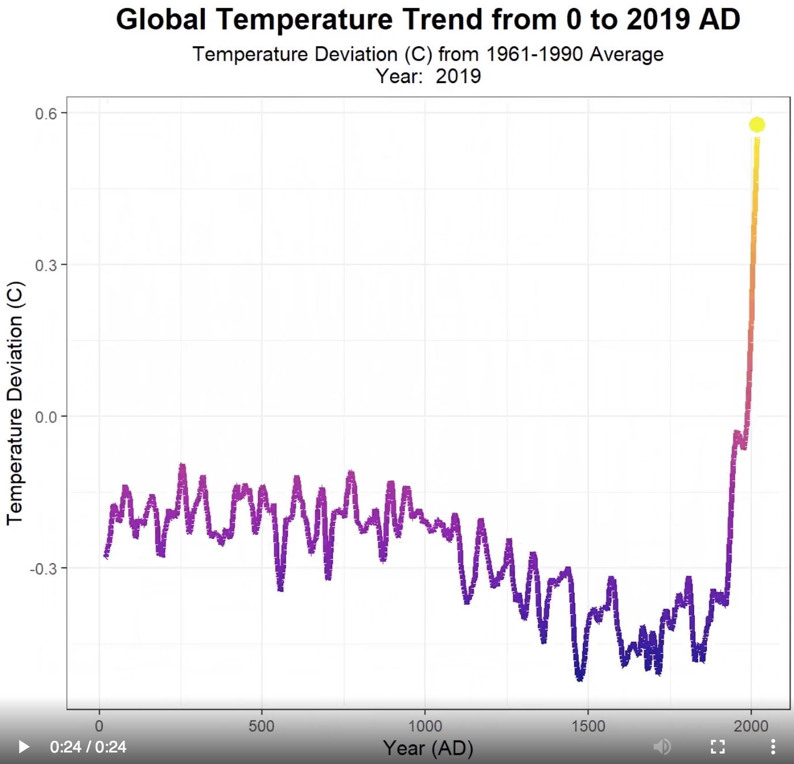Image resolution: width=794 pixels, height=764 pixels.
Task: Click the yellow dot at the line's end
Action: pyautogui.click(x=757, y=125)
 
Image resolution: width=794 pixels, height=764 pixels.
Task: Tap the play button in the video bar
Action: pyautogui.click(x=24, y=747)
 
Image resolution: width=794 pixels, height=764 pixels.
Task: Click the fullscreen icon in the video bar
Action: pyautogui.click(x=717, y=747)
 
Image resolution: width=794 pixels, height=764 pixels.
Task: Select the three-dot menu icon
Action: pyautogui.click(x=773, y=747)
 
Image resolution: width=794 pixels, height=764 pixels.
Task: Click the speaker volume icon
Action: pyautogui.click(x=662, y=747)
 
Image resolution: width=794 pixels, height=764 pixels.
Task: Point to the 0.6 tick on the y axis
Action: pyautogui.click(x=46, y=114)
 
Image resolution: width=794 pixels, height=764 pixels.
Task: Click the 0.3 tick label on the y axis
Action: pyautogui.click(x=46, y=265)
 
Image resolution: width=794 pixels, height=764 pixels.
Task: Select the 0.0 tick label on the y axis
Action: pyautogui.click(x=46, y=417)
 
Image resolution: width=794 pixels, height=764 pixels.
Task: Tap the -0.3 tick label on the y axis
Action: pyautogui.click(x=44, y=568)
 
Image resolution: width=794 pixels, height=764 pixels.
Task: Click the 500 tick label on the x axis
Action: pyautogui.click(x=261, y=726)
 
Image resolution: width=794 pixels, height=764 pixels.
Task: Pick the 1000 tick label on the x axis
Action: pyautogui.click(x=425, y=726)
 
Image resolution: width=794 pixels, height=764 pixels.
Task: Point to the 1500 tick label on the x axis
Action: pyautogui.click(x=588, y=726)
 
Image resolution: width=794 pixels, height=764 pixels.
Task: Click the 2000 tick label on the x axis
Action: pyautogui.click(x=751, y=726)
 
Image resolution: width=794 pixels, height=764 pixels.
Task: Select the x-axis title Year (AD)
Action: pyautogui.click(x=428, y=748)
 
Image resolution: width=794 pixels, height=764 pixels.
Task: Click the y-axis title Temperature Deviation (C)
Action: pyautogui.click(x=15, y=403)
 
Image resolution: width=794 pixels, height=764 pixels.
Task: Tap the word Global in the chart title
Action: pyautogui.click(x=161, y=20)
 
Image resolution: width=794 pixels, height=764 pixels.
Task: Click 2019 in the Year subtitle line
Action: pyautogui.click(x=458, y=76)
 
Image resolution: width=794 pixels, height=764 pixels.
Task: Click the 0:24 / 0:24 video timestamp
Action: pyautogui.click(x=88, y=747)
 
